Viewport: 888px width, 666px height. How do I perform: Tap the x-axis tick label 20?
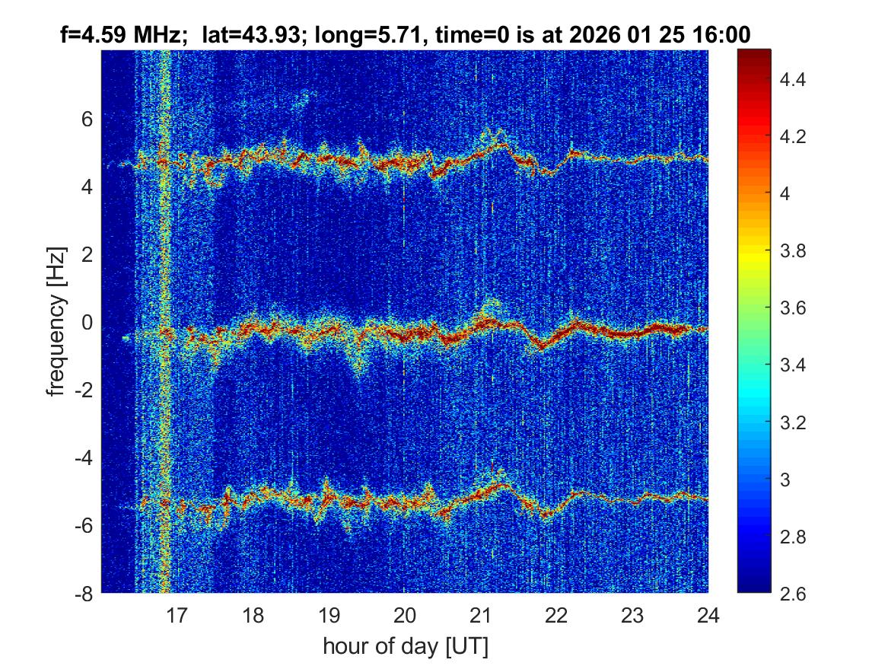point(405,615)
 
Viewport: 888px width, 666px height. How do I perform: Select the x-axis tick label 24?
point(708,615)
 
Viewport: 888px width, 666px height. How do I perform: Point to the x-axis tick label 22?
point(556,615)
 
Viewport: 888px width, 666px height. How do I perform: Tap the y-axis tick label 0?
point(87,323)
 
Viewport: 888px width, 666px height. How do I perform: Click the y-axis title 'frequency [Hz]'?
point(56,321)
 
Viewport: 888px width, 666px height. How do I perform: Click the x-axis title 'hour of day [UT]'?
point(405,647)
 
